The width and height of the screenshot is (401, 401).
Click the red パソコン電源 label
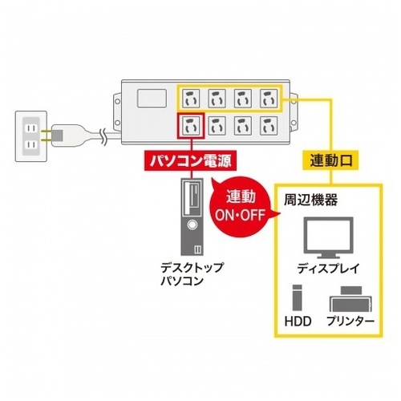(x=191, y=160)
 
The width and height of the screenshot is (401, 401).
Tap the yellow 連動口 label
(x=330, y=160)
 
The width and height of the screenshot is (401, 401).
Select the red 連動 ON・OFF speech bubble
(x=241, y=206)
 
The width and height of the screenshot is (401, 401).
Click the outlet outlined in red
(x=191, y=126)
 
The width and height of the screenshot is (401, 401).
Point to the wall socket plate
(x=31, y=136)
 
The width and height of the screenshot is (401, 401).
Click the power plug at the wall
(x=67, y=136)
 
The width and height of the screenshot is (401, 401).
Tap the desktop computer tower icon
(x=192, y=217)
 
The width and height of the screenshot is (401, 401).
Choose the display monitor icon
(x=329, y=237)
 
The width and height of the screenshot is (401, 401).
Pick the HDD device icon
(x=298, y=298)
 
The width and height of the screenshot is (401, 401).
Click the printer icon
(x=351, y=299)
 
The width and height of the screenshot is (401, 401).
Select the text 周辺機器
(x=310, y=200)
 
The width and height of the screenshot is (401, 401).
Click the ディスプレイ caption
(x=328, y=269)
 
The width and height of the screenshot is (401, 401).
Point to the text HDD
(x=298, y=322)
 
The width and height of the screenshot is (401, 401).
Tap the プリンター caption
(x=350, y=322)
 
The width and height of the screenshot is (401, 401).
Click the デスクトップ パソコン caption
(x=192, y=274)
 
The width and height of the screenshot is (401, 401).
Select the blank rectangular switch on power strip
(x=152, y=99)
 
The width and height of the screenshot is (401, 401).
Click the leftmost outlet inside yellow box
(x=191, y=99)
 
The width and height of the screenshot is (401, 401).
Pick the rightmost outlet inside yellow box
(x=269, y=99)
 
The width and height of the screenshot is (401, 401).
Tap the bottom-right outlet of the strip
(x=269, y=126)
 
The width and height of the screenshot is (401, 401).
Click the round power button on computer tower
(x=192, y=225)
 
